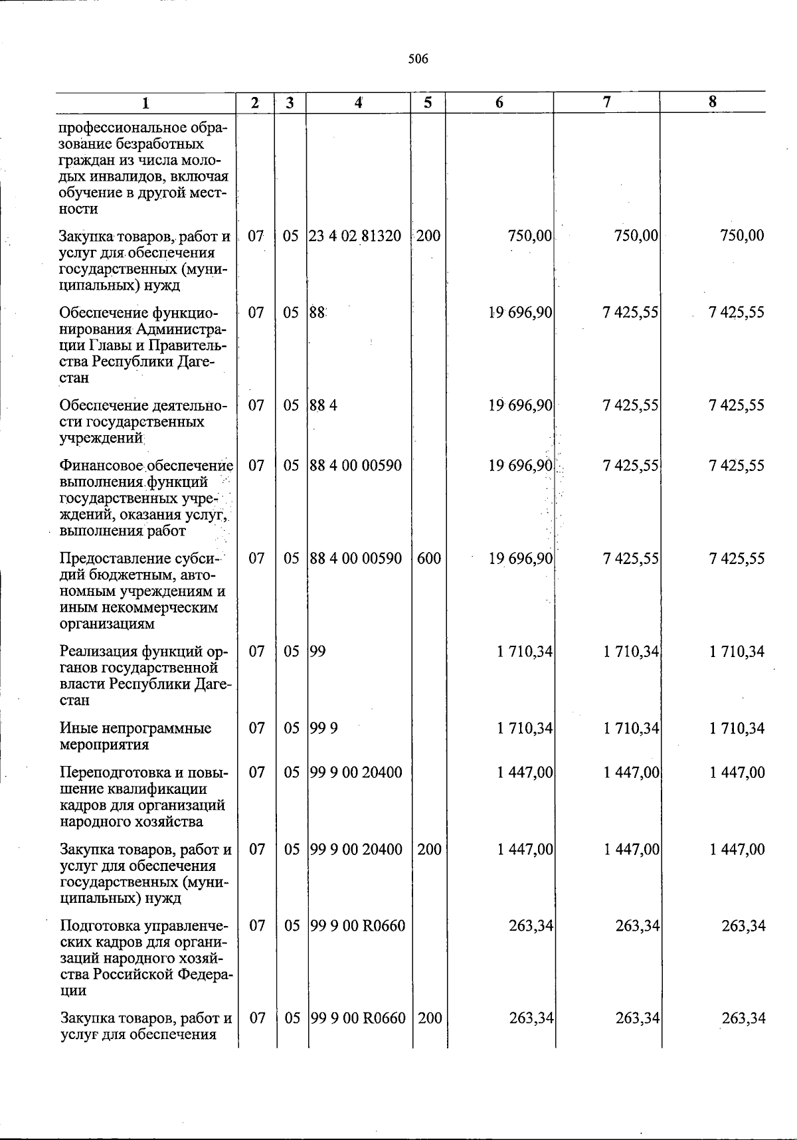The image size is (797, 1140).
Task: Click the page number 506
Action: tap(418, 59)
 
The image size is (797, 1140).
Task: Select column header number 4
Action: tap(358, 103)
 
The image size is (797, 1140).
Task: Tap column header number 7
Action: tap(606, 102)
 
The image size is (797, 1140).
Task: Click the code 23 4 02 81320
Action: tap(355, 236)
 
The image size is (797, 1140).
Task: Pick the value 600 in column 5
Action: tap(429, 559)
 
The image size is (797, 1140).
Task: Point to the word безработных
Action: tap(159, 144)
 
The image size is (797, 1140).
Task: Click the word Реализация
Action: tap(97, 652)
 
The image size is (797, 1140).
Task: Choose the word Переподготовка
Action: tap(110, 773)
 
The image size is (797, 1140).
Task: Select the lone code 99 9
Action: tap(324, 729)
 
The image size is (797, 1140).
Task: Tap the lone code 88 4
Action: tap(323, 405)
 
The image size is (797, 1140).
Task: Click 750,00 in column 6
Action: tap(529, 236)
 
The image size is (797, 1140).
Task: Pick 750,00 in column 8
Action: tap(741, 236)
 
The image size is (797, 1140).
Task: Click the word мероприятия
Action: tap(103, 745)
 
